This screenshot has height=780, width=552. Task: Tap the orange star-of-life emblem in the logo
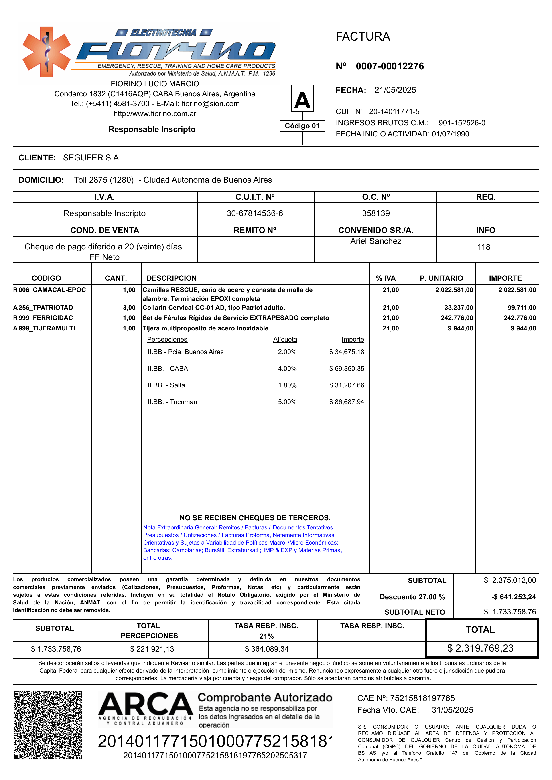pos(47,52)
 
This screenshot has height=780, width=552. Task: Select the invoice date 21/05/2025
pos(395,90)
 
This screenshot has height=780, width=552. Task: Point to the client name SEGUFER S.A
pos(91,158)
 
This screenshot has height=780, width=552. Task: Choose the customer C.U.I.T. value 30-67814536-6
pos(255,213)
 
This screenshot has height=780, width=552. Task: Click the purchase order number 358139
pos(375,213)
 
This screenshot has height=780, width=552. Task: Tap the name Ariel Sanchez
pos(375,241)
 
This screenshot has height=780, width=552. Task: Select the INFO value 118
pos(484,247)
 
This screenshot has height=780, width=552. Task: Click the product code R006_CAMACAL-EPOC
pos(50,290)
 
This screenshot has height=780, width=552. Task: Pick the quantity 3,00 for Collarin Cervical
pos(129,308)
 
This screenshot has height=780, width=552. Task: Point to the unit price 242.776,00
pos(457,318)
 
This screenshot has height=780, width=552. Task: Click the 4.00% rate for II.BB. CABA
pos(287,369)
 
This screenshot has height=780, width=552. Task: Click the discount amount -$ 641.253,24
pos(513,597)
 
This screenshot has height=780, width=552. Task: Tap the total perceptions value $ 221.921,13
pos(152,649)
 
